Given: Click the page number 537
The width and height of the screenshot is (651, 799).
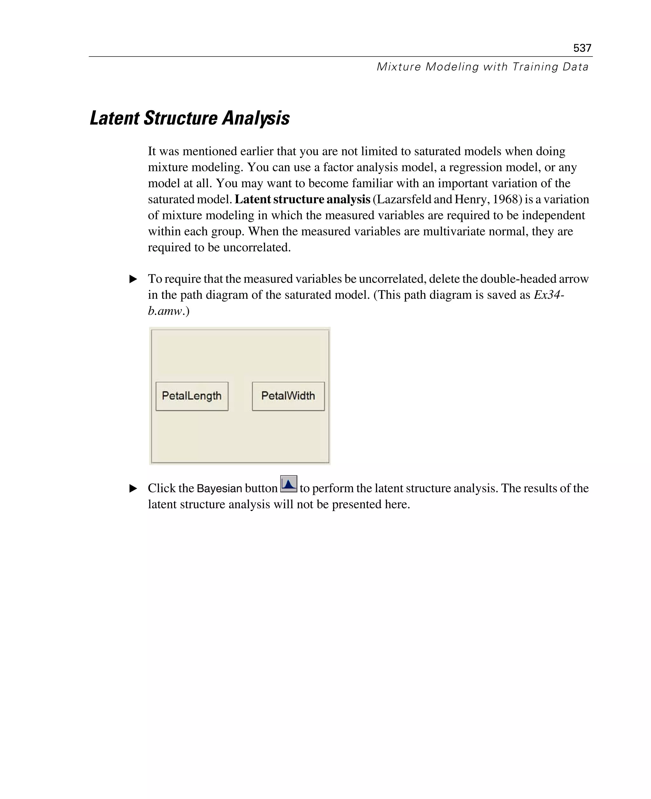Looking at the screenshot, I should click(582, 48).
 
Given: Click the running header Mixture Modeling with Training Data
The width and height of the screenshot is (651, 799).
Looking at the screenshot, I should click(482, 67).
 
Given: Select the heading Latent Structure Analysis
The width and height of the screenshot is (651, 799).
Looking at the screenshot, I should click(190, 118).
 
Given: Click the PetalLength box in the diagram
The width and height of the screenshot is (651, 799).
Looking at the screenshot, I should click(192, 396).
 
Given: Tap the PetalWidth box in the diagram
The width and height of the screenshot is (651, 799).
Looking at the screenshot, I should click(288, 396).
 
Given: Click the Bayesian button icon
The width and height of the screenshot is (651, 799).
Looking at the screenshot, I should click(288, 484).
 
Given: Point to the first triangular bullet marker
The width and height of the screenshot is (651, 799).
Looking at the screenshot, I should click(133, 279).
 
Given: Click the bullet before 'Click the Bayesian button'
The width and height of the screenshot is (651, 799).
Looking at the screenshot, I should click(133, 488).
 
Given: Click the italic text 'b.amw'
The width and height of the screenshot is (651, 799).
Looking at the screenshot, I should click(165, 311).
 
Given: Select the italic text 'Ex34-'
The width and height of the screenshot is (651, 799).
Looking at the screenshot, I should click(549, 295).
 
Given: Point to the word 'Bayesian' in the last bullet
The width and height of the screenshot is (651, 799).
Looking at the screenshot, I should click(219, 488).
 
